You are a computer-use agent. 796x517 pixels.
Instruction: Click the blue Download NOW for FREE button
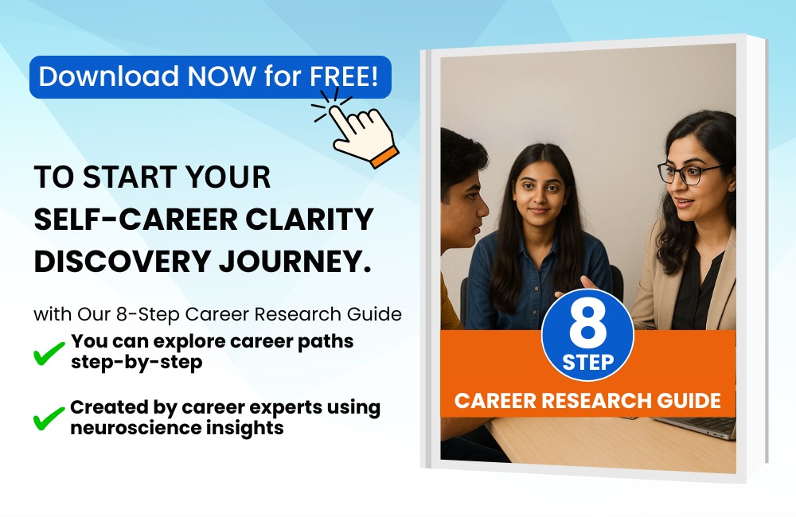tap(210, 76)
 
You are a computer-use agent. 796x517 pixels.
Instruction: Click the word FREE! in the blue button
tap(344, 76)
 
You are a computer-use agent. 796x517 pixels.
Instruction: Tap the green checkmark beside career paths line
tap(49, 353)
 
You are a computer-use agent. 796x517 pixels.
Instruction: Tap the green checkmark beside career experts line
tap(49, 418)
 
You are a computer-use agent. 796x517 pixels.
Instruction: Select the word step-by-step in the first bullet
tap(137, 363)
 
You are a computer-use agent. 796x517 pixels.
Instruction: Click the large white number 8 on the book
tap(588, 325)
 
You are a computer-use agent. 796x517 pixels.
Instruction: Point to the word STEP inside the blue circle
tap(588, 362)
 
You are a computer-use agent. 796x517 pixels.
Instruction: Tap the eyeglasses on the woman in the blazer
tap(688, 173)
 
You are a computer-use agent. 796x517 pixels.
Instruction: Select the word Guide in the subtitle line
tap(375, 314)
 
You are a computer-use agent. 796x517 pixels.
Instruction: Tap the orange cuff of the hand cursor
tap(384, 157)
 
